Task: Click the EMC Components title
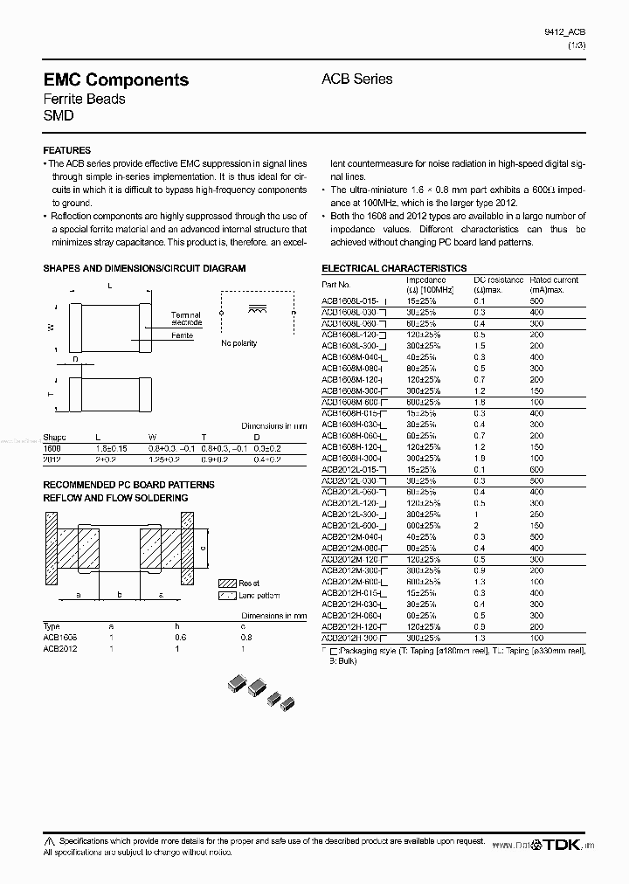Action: click(x=115, y=79)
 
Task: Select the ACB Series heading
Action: click(x=356, y=79)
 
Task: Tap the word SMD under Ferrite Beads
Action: click(x=59, y=115)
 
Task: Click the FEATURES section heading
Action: click(x=66, y=150)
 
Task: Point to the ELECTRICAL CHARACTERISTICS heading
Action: click(x=394, y=268)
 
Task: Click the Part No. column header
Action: click(x=336, y=284)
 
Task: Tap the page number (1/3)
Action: click(x=576, y=45)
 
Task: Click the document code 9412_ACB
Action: click(x=565, y=32)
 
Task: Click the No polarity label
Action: click(x=238, y=343)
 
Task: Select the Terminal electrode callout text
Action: click(x=185, y=319)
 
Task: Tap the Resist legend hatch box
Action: click(x=226, y=583)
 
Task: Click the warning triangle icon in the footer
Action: click(x=50, y=840)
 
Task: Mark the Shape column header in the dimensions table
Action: click(x=54, y=436)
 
